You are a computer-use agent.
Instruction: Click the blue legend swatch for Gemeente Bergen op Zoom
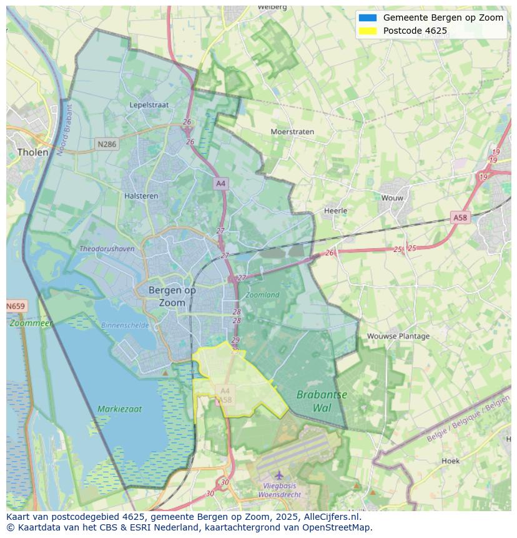point(368,17)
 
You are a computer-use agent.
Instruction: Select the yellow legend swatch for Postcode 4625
point(368,31)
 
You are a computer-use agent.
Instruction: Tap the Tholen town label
point(32,152)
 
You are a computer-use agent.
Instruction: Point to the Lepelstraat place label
point(149,105)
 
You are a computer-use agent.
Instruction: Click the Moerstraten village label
point(292,132)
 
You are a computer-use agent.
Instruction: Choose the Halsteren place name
point(141,196)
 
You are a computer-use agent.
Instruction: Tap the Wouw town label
point(392,198)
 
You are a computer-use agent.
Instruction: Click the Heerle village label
point(335,211)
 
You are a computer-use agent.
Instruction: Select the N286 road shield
point(107,144)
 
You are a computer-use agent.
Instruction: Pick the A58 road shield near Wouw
point(460,217)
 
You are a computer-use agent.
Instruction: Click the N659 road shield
point(16,306)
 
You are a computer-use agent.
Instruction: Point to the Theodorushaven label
point(107,249)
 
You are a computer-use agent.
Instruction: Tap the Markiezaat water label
point(119,409)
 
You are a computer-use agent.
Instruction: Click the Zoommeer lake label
point(31,324)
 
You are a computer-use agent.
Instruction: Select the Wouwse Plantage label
point(398,336)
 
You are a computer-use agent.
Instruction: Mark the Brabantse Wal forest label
point(322,401)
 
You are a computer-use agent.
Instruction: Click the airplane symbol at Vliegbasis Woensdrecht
point(279,476)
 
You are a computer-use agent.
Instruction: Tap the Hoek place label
point(450,461)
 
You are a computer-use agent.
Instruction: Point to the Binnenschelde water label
point(125,326)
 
